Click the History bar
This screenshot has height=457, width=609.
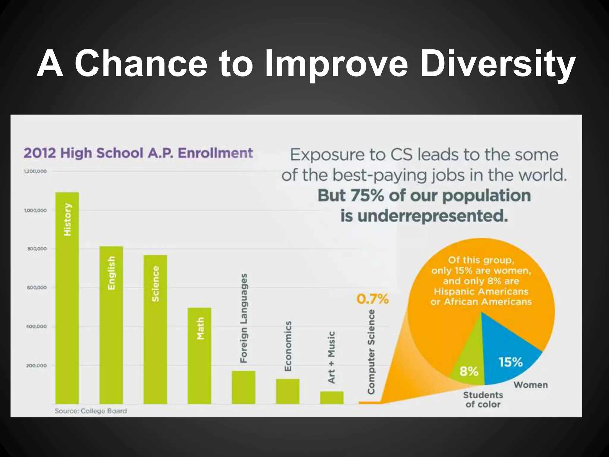(x=67, y=298)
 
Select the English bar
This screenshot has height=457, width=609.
(x=111, y=324)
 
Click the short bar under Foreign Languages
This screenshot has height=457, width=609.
(x=244, y=387)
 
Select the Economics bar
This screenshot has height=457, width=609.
(x=288, y=391)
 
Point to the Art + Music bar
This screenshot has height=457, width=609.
(x=332, y=397)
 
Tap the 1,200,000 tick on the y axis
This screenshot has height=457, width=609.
(x=35, y=171)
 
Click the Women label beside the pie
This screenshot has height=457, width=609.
(x=530, y=385)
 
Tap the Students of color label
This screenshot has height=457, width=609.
(x=483, y=400)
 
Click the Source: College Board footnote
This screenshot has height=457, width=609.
(x=91, y=411)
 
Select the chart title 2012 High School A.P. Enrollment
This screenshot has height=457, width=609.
(x=138, y=153)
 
